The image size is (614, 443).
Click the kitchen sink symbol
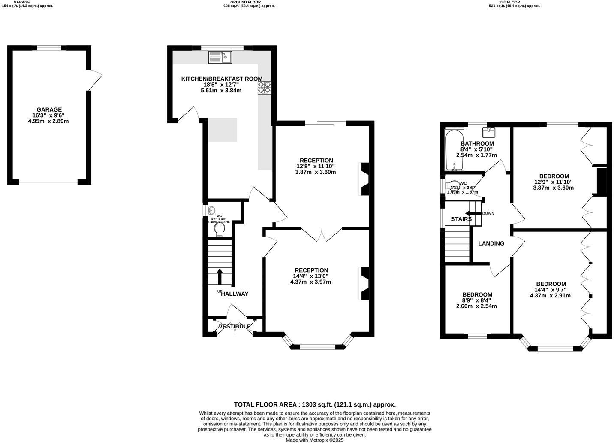pyautogui.click(x=220, y=57)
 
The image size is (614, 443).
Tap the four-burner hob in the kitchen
pyautogui.click(x=264, y=88)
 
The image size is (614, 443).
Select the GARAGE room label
pyautogui.click(x=49, y=109)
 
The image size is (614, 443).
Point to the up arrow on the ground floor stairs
pyautogui.click(x=220, y=276)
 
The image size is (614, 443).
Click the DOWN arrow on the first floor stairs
pyautogui.click(x=474, y=213)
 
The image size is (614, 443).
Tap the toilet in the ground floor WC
pyautogui.click(x=220, y=231)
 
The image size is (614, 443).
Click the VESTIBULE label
pyautogui.click(x=235, y=326)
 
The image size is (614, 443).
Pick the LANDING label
pyautogui.click(x=491, y=243)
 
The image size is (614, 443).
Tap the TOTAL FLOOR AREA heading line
pyautogui.click(x=314, y=404)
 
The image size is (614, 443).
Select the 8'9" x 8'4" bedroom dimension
pyautogui.click(x=476, y=300)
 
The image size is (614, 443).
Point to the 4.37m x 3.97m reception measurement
pyautogui.click(x=310, y=282)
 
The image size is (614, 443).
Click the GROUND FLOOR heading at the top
pyautogui.click(x=248, y=2)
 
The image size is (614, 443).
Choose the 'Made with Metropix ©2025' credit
pyautogui.click(x=314, y=440)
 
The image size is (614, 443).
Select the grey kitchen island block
pyautogui.click(x=223, y=130)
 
